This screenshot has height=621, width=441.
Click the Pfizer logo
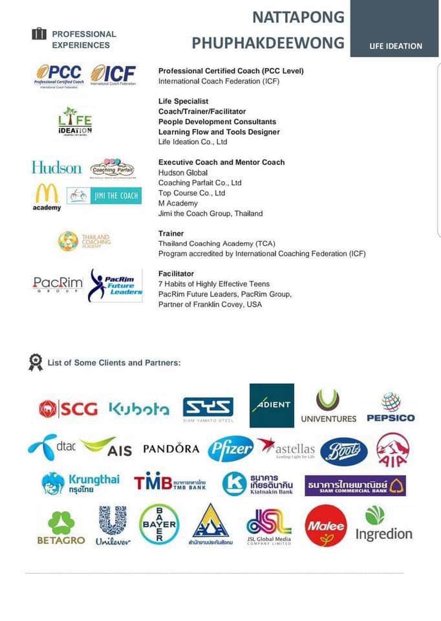230,448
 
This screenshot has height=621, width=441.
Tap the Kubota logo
138,408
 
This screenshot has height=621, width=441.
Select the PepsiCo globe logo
391,408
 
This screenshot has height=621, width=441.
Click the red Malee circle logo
325,525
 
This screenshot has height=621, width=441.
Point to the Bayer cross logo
159,525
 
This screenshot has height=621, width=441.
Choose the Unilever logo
113,525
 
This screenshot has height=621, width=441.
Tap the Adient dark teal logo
272,406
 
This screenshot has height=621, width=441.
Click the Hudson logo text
57,168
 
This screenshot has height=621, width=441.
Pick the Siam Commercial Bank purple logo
355,485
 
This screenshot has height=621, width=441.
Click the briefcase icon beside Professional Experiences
39,34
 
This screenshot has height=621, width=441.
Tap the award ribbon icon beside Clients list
36,362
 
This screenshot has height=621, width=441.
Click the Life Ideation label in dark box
396,46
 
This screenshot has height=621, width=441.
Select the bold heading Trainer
171,234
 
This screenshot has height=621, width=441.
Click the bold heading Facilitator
176,274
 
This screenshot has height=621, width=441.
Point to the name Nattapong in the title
298,17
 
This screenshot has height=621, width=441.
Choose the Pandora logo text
171,448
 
